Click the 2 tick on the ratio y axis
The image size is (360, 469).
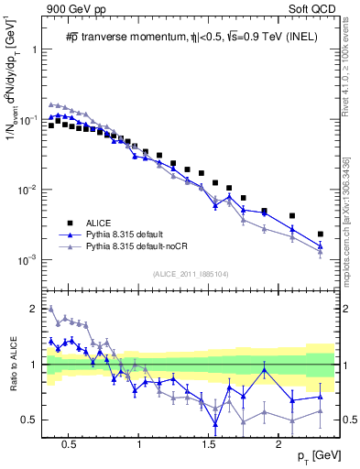[x=33, y=308]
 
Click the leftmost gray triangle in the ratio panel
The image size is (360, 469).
[x=51, y=309]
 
